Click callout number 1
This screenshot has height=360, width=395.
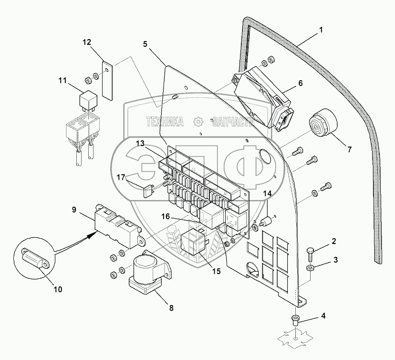tap(321, 30)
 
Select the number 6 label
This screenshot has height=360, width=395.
tap(301, 83)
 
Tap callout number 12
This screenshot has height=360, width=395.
tap(86, 42)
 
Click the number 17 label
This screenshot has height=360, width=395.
tap(121, 177)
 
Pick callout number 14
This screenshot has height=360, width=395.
tap(268, 194)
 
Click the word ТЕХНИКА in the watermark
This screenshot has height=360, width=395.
tap(165, 122)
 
